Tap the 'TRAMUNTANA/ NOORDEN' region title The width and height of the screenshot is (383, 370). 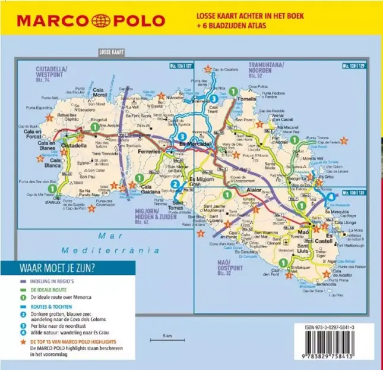267,69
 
